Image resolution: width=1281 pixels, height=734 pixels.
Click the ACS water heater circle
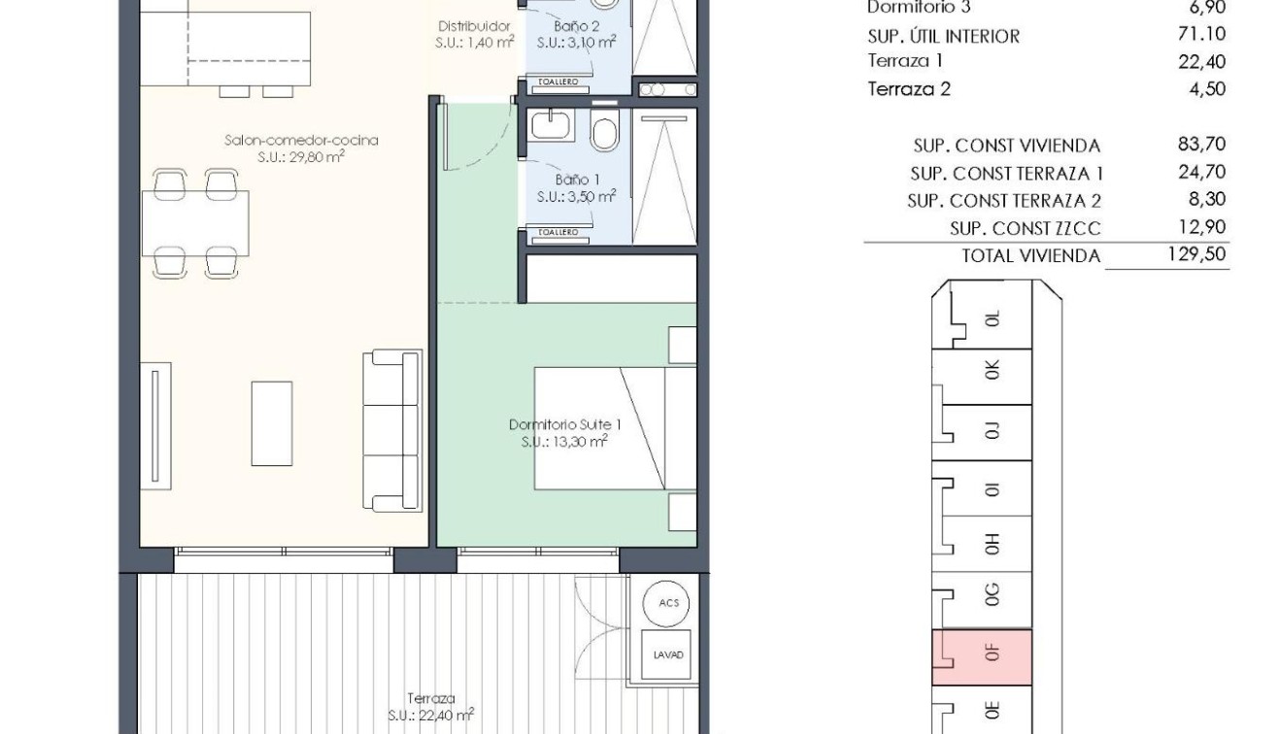pyautogui.click(x=669, y=603)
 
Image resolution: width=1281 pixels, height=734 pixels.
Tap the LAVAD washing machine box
pyautogui.click(x=668, y=654)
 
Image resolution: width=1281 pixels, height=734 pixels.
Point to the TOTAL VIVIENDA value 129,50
pyautogui.click(x=1200, y=255)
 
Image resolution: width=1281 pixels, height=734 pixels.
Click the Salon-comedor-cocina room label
pyautogui.click(x=301, y=141)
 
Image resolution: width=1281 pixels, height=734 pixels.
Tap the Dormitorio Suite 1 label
pyautogui.click(x=564, y=424)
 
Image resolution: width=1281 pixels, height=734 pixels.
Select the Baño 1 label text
pyautogui.click(x=577, y=180)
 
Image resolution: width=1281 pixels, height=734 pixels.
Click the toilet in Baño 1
pyautogui.click(x=604, y=133)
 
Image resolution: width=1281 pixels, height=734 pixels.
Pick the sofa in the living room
pyautogui.click(x=393, y=430)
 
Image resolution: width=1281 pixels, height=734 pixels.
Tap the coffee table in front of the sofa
pyautogui.click(x=272, y=423)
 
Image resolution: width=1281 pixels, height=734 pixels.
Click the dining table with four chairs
pyautogui.click(x=195, y=223)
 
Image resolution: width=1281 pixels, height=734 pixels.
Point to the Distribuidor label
pyautogui.click(x=475, y=26)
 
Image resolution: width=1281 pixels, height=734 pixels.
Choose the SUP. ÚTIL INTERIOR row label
pyautogui.click(x=943, y=36)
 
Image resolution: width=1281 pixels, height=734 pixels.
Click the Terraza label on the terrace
pyautogui.click(x=431, y=698)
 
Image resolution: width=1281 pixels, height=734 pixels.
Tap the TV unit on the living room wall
pyautogui.click(x=155, y=423)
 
